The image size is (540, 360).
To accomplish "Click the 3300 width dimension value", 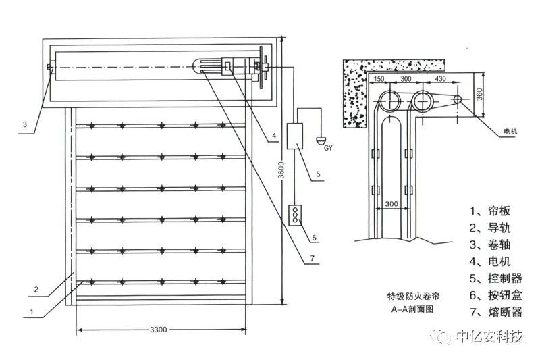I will (x=159, y=330).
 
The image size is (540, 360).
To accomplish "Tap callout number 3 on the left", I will (x=24, y=124).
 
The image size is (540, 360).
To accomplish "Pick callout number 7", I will (x=313, y=259).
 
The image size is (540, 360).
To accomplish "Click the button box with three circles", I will (x=294, y=215).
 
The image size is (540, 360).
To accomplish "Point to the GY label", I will (x=328, y=147).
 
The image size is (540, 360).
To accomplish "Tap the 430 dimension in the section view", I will (x=441, y=79).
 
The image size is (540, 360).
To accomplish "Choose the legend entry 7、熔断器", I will (x=495, y=312).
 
